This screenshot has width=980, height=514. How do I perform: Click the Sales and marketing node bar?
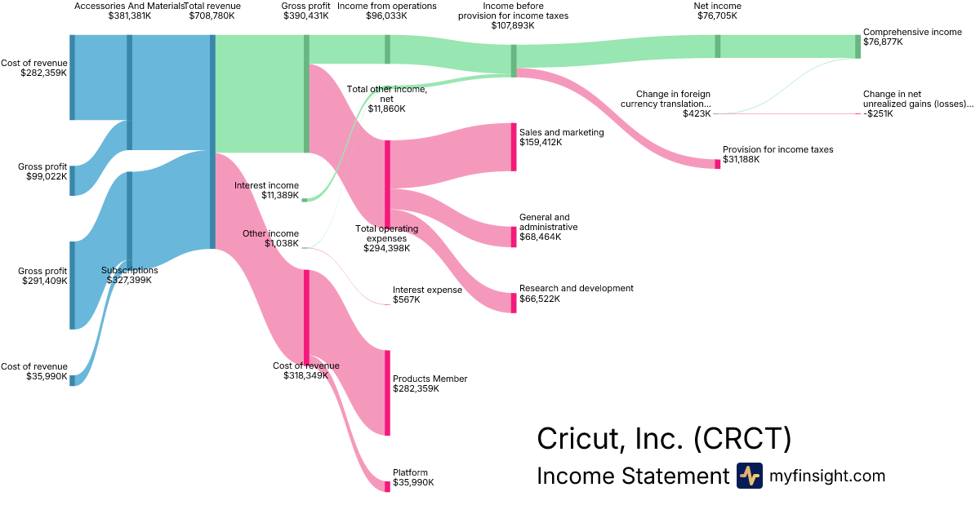click(x=514, y=147)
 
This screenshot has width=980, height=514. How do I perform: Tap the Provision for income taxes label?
click(x=777, y=149)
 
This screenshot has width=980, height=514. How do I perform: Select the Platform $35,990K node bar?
click(x=387, y=486)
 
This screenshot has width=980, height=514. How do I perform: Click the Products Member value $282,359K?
click(x=416, y=389)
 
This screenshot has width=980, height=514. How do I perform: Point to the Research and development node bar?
click(x=514, y=303)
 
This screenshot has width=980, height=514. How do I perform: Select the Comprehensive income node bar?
click(x=857, y=47)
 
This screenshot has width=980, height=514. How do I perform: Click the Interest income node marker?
click(x=305, y=199)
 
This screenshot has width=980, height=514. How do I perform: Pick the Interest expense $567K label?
click(x=427, y=295)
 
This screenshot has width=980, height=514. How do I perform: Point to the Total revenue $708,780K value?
click(x=212, y=16)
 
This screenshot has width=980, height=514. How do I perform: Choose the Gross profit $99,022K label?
click(x=42, y=171)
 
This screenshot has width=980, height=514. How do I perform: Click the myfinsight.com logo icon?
click(x=749, y=476)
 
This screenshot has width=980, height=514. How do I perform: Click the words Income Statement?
click(x=632, y=476)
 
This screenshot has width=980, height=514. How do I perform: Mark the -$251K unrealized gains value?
click(x=878, y=114)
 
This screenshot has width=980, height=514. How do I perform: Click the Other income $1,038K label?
click(x=270, y=238)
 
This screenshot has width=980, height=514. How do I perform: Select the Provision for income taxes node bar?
click(x=718, y=164)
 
